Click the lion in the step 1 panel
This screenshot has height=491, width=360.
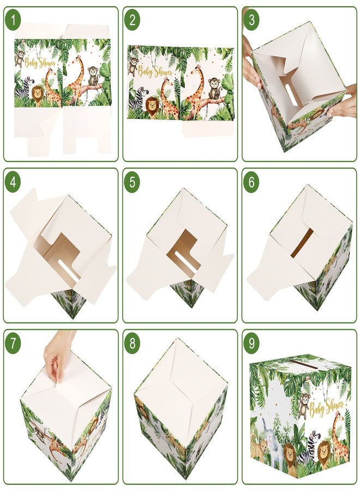pos(37,95)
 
